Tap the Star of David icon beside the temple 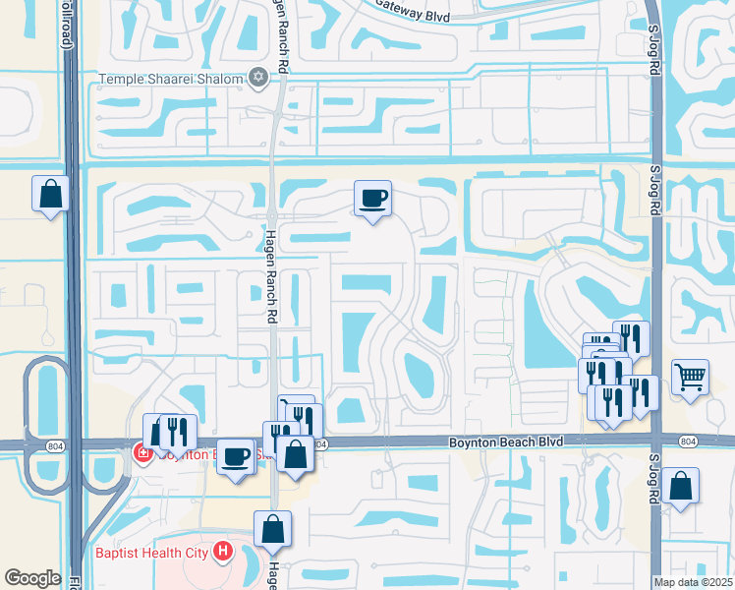pyautogui.click(x=258, y=77)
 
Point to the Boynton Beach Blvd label pyautogui.click(x=506, y=442)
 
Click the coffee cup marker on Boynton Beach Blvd pyautogui.click(x=236, y=457)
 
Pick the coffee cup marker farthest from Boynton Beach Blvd pyautogui.click(x=373, y=199)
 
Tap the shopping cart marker pyautogui.click(x=691, y=376)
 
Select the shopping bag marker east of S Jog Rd pyautogui.click(x=680, y=486)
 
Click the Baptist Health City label pyautogui.click(x=152, y=553)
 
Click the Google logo pyautogui.click(x=32, y=578)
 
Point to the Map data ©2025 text pyautogui.click(x=693, y=582)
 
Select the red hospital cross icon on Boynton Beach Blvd pyautogui.click(x=141, y=453)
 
